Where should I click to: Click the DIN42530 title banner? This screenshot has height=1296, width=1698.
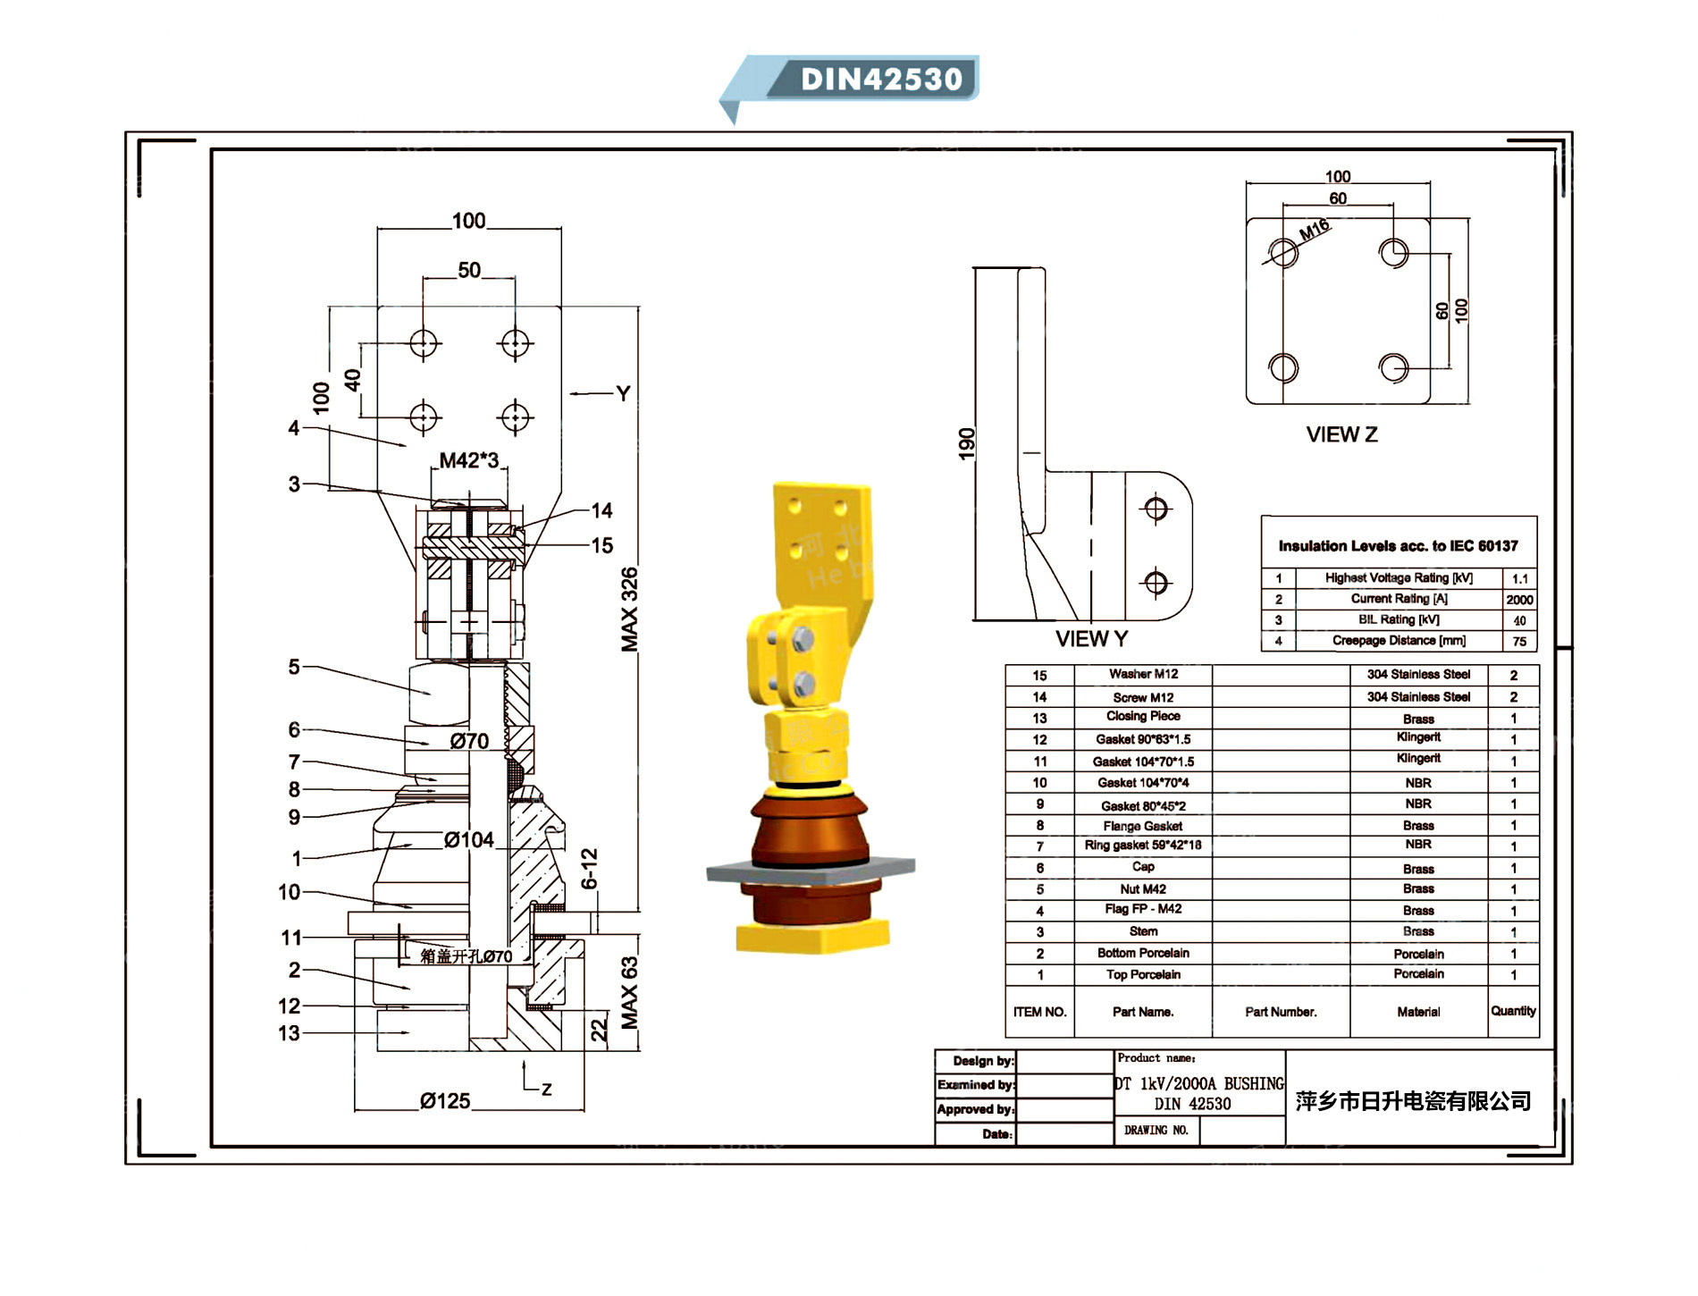point(880,79)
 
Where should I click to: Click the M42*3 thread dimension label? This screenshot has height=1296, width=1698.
point(468,460)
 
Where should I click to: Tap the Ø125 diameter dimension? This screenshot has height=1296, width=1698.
point(444,1101)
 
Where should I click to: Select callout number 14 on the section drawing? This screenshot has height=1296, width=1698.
point(601,510)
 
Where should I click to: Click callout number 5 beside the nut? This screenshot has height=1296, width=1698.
point(294,667)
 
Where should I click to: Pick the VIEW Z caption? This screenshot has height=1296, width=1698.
point(1341,435)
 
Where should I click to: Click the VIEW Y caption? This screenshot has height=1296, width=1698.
point(1091,639)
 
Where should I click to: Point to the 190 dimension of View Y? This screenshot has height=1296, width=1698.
point(966,444)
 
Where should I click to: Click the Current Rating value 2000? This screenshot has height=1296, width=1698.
point(1519,600)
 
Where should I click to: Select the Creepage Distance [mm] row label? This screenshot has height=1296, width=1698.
point(1399,641)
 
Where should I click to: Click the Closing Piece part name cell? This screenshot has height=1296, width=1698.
point(1143,717)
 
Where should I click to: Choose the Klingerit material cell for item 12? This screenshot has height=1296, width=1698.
point(1418,738)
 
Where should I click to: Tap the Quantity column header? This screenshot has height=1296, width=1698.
point(1513,1011)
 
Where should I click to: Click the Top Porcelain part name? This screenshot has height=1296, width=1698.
point(1143,975)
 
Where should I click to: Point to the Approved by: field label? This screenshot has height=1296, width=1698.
point(975,1109)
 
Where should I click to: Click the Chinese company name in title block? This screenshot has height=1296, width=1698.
point(1413,1101)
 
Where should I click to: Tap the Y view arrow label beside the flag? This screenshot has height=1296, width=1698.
point(623,393)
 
